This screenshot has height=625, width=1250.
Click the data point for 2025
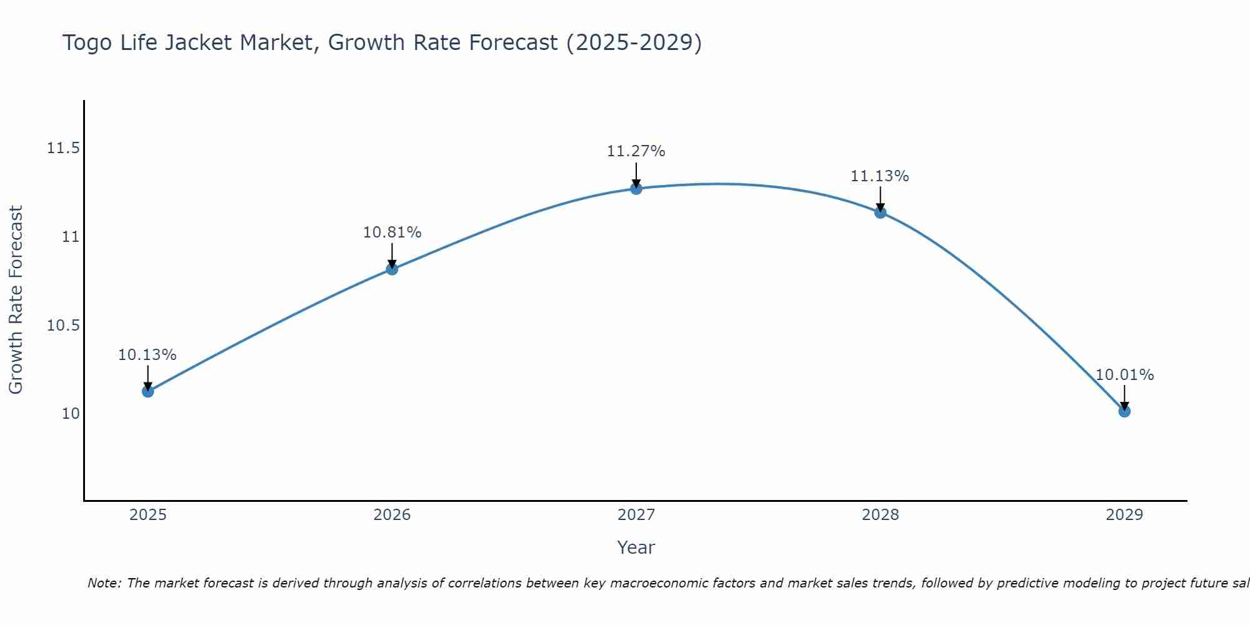147,391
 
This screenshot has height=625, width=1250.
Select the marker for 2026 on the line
392,269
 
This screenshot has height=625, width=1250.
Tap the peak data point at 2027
636,188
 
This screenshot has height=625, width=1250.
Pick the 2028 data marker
880,212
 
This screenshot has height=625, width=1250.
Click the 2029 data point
1124,411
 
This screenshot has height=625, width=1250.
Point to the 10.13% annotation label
147,355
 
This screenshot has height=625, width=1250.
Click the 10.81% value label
392,232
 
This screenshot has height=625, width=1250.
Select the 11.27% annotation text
636,151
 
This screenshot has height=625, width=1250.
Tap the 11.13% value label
880,176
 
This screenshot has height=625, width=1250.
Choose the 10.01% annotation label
1124,375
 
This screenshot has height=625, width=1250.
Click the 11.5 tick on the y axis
64,148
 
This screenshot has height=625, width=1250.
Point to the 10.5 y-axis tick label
64,325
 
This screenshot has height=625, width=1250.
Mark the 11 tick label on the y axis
71,237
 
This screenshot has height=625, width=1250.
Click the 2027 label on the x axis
636,515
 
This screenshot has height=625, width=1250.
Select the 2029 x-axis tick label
1124,515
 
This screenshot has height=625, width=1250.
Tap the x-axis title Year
636,547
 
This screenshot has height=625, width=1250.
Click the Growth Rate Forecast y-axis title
16,300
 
